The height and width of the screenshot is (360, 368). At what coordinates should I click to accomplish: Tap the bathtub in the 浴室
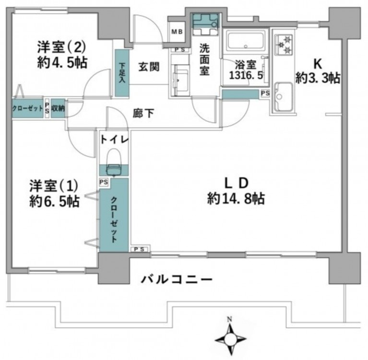(245, 42)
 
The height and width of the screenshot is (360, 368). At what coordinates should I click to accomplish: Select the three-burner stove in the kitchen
(284, 45)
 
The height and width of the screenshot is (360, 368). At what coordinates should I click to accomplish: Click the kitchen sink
(284, 96)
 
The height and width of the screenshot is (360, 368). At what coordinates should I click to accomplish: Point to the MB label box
(177, 32)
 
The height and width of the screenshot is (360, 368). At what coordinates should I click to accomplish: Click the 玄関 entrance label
(149, 67)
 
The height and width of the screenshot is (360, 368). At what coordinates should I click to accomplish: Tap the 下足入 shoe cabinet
(122, 72)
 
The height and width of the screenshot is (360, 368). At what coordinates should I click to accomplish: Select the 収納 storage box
(58, 108)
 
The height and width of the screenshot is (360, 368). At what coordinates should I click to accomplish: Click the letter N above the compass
(229, 319)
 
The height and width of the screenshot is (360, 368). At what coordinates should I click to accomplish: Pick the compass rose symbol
(230, 339)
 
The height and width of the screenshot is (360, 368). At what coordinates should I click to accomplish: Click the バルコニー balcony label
(177, 279)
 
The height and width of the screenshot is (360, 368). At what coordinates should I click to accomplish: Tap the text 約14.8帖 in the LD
(236, 199)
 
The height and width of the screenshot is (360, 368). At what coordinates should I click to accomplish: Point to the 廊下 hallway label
(143, 114)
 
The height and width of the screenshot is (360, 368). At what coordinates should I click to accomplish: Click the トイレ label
(115, 140)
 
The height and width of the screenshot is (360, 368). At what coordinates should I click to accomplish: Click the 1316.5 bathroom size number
(246, 75)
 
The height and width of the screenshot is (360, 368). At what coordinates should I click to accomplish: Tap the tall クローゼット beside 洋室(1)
(114, 215)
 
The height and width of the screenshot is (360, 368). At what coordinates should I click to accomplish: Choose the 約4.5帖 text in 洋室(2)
(62, 62)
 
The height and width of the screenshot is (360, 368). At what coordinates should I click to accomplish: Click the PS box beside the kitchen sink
(265, 94)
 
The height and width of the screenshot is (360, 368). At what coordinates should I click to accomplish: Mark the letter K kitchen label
(318, 63)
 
